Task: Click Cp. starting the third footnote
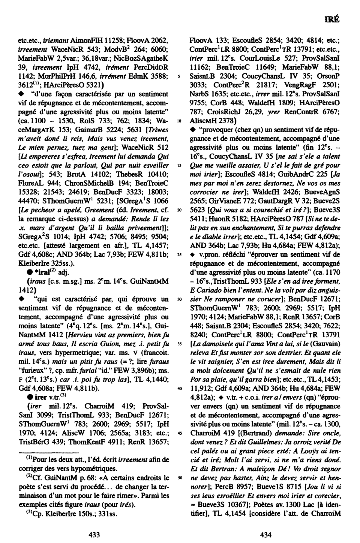pos(34,513)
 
